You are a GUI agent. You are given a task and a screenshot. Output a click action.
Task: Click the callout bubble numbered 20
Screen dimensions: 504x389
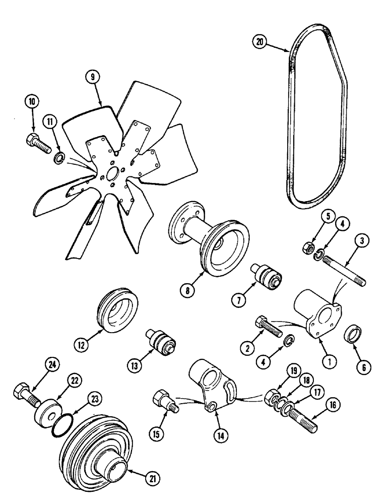(x=260, y=42)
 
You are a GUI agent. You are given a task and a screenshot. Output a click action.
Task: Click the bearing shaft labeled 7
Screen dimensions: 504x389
(x=266, y=276)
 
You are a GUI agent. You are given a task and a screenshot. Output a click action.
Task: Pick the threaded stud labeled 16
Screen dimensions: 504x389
(x=301, y=417)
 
